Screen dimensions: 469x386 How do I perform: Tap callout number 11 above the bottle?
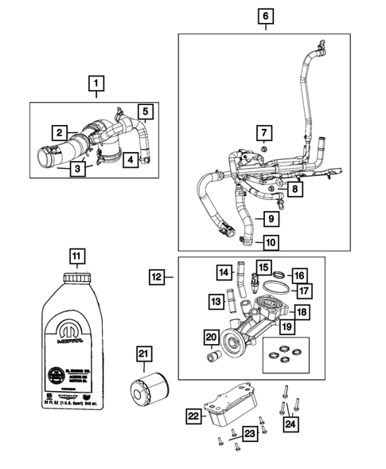76,256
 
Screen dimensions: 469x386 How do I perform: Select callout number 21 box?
143,354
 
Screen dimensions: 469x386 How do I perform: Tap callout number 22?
193,415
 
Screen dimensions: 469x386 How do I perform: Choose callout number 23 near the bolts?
250,434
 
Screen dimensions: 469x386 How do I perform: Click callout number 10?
271,241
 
